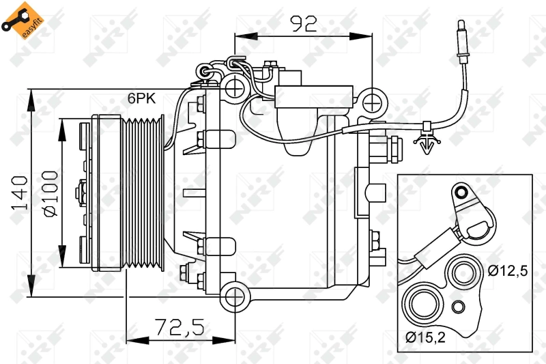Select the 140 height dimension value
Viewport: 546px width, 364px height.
point(20,193)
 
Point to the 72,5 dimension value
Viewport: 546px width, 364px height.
point(178,327)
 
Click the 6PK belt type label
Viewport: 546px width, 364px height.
point(142,98)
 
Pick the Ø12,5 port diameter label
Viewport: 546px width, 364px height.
point(507,271)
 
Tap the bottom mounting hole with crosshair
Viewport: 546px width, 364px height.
point(235,296)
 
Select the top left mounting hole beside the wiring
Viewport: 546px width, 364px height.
point(235,87)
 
